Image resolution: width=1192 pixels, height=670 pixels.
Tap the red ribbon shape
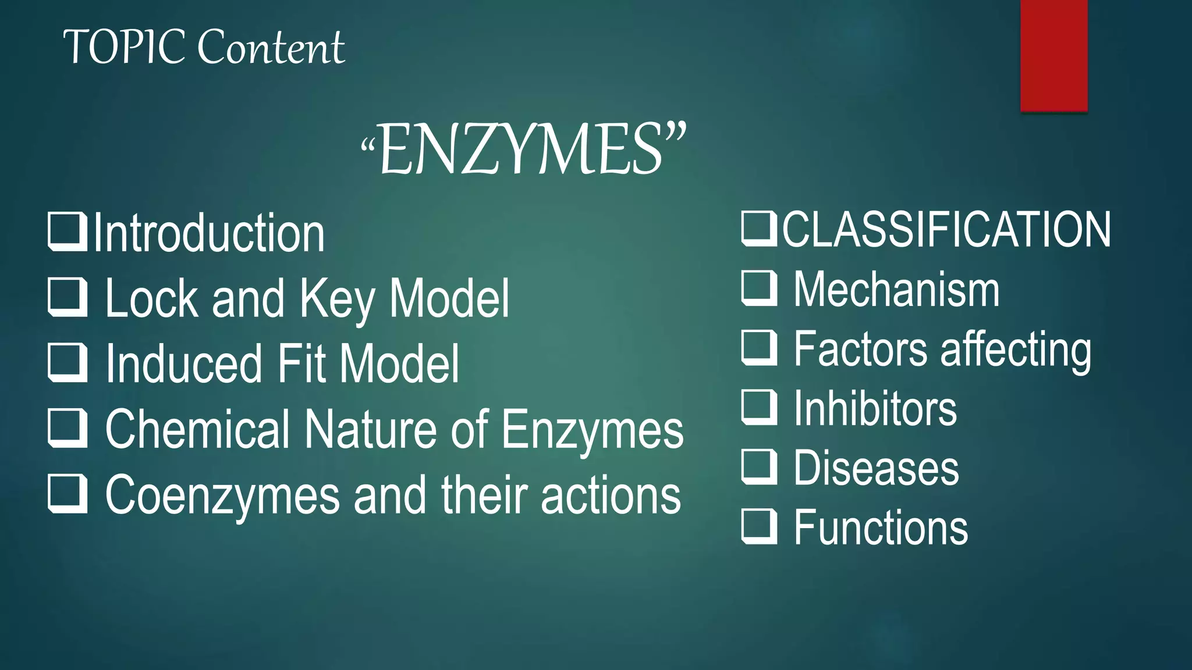(x=1053, y=55)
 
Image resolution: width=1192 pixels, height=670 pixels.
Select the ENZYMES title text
(x=523, y=150)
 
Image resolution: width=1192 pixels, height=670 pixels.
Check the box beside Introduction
(x=67, y=232)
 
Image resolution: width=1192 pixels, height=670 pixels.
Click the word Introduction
(x=208, y=233)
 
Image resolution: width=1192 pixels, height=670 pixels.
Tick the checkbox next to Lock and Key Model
(x=67, y=297)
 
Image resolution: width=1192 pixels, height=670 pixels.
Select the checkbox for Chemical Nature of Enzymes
(x=67, y=427)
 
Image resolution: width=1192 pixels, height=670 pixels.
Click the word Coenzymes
(x=222, y=496)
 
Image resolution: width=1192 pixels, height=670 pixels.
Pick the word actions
(x=611, y=496)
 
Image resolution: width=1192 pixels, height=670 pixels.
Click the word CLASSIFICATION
(x=946, y=230)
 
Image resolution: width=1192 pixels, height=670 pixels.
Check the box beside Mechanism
(x=759, y=288)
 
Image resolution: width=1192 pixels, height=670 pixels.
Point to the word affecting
(x=1016, y=350)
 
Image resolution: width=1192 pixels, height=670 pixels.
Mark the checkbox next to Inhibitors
(x=759, y=407)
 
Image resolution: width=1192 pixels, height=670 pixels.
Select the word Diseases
(x=877, y=468)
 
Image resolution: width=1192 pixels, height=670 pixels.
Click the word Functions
(x=881, y=528)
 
